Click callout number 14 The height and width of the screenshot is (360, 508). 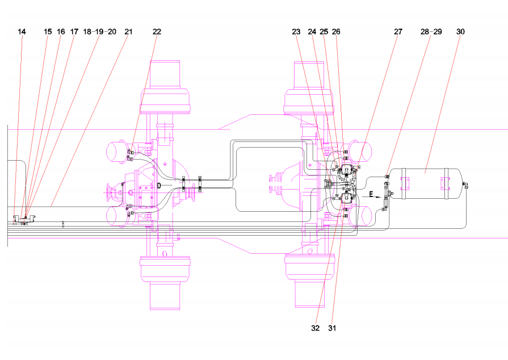[22, 32]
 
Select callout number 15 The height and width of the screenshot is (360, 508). [48, 32]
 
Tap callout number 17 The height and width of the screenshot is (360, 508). [74, 32]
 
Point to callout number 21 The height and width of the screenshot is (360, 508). [129, 32]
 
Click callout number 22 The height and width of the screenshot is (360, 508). [157, 32]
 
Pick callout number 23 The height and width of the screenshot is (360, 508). [296, 32]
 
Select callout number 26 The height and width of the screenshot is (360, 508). [336, 32]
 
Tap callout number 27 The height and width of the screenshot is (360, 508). [398, 32]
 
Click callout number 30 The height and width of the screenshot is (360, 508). [460, 32]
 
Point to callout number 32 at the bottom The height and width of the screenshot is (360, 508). [315, 328]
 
